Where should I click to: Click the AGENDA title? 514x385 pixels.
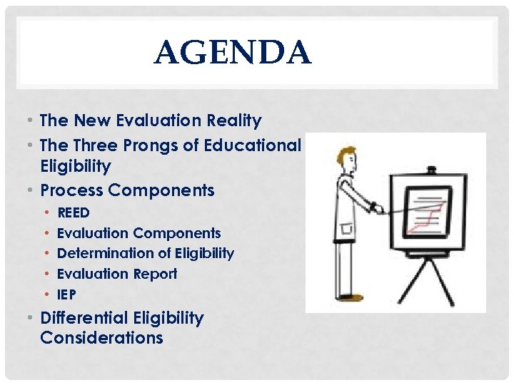pos(232,53)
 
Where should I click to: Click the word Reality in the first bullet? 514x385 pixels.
pos(233,121)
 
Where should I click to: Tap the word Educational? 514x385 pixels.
pos(253,145)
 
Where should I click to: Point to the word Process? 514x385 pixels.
pos(72,190)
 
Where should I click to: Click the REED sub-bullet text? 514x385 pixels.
pos(73,212)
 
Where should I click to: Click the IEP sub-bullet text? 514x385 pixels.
pos(66,294)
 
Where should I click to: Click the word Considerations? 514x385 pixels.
pos(101,338)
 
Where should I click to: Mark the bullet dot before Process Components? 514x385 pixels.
pos(33,191)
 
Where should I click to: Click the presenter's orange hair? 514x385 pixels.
pos(346,151)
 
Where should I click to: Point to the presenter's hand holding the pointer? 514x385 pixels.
pos(373,207)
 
